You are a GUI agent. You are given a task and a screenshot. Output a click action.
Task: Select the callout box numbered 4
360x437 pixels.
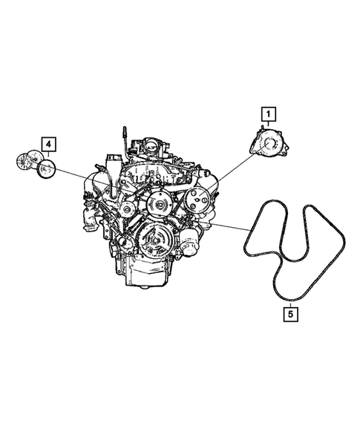pyautogui.click(x=48, y=142)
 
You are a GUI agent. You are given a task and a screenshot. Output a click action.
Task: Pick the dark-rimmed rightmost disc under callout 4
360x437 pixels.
pyautogui.click(x=48, y=168)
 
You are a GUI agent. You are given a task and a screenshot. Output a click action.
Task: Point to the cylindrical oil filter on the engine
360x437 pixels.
pyautogui.click(x=192, y=242)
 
